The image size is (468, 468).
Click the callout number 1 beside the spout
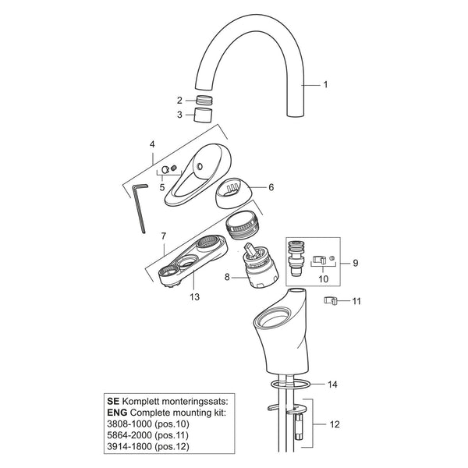[325, 85]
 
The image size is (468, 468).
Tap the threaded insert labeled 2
[204, 100]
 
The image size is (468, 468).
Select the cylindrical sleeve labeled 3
[203, 115]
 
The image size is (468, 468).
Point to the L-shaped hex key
[140, 207]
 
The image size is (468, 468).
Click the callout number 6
[271, 187]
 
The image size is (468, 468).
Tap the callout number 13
[194, 297]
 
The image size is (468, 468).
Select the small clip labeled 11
[330, 300]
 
